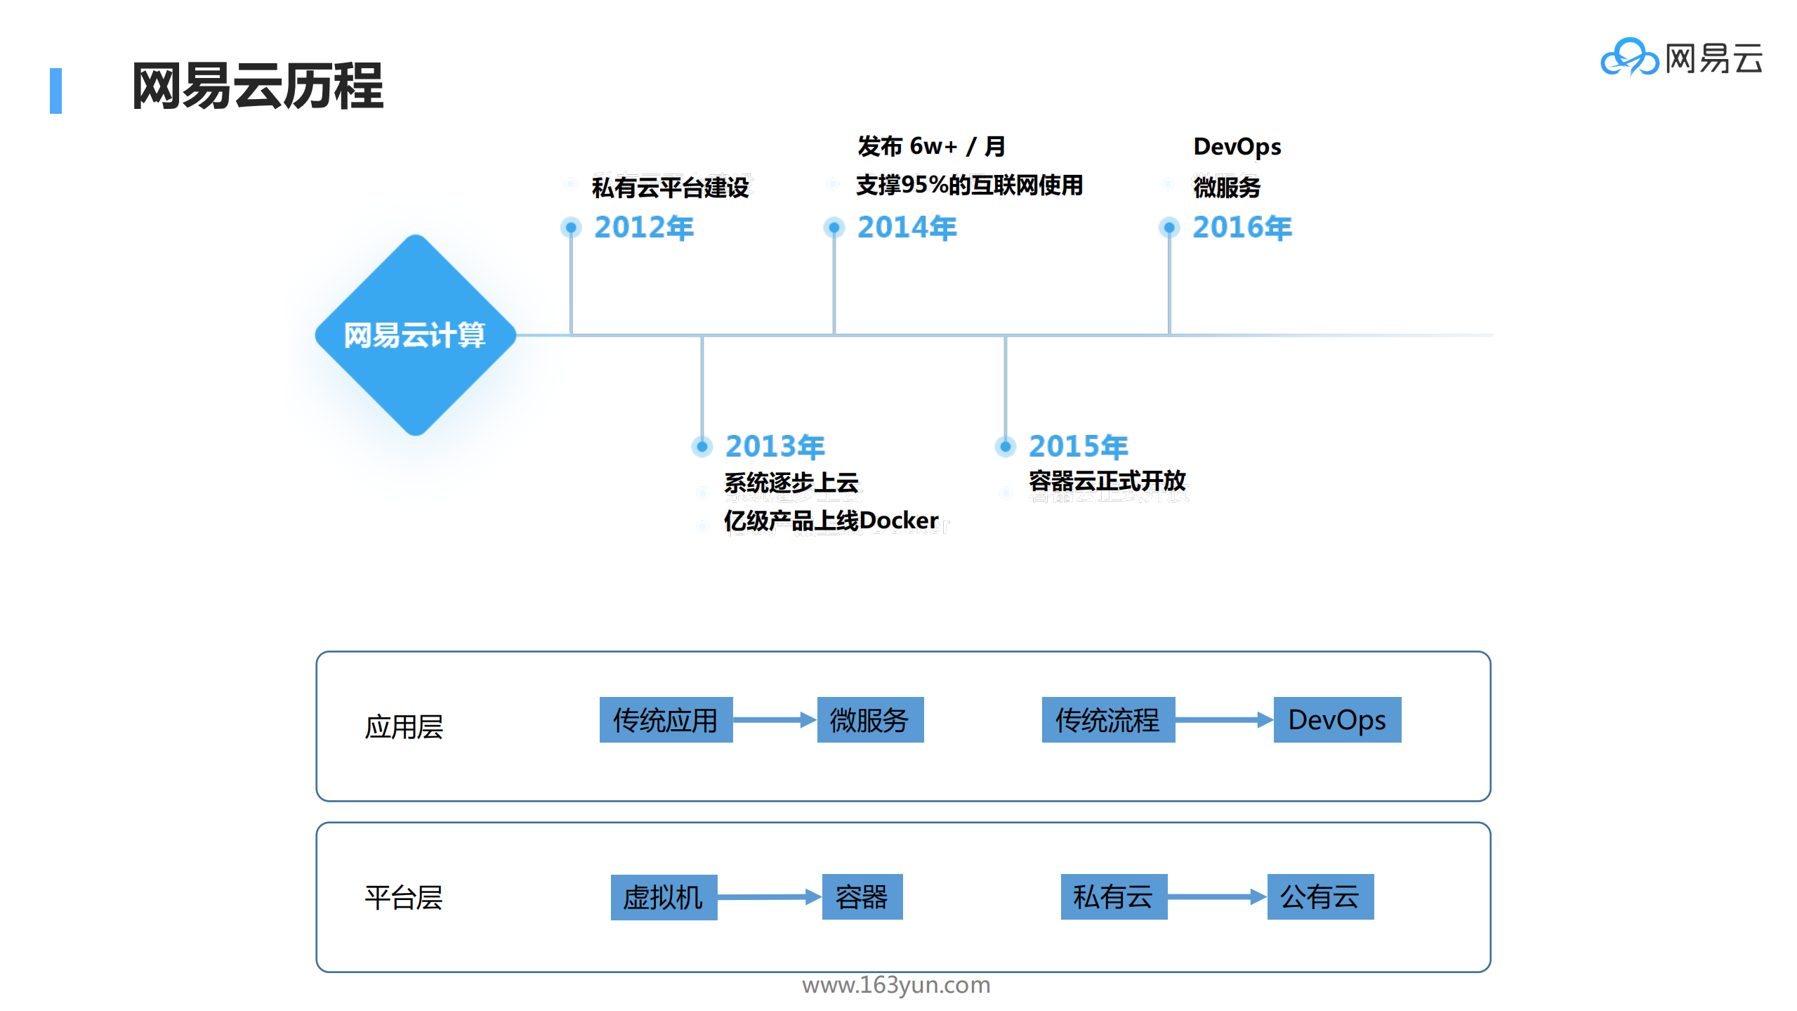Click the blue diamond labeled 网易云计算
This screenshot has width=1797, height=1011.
click(415, 334)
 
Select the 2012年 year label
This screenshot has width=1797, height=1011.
click(643, 228)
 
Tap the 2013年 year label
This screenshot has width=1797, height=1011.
click(775, 446)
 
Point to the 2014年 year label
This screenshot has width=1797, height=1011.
click(907, 228)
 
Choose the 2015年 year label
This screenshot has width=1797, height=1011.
click(1078, 446)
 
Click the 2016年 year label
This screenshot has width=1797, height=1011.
click(1242, 228)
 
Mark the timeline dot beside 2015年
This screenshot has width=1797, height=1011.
click(1005, 446)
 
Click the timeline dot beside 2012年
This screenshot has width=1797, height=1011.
click(571, 228)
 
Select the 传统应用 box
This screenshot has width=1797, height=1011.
click(665, 719)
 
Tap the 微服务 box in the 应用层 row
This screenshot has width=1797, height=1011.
click(869, 719)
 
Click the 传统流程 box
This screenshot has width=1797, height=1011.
click(1107, 719)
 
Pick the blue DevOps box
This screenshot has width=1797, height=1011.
click(1336, 719)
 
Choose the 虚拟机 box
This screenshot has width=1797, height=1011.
click(663, 896)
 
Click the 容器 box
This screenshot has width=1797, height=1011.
click(862, 896)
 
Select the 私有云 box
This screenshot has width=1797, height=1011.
click(1113, 896)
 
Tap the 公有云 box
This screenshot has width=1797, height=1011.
click(1319, 896)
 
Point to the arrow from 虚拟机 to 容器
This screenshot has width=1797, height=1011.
click(769, 896)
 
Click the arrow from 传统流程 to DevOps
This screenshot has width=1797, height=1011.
click(1223, 719)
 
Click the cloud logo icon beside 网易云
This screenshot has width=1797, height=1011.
click(1628, 58)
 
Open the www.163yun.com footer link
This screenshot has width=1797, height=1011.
click(896, 985)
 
